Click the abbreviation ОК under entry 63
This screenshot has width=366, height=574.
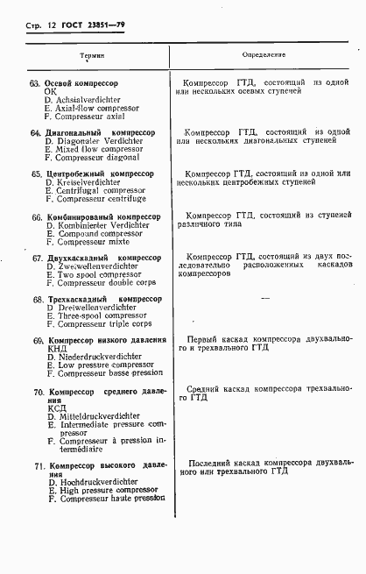(50, 91)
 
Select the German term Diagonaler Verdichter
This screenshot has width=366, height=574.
(87, 141)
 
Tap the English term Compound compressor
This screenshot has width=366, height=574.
(88, 233)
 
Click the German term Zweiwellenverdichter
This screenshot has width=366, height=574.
(86, 266)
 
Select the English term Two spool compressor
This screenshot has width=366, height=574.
(88, 275)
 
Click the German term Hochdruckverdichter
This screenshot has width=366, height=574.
(89, 483)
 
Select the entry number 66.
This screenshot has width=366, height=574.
(37, 216)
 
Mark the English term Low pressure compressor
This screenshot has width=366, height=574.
(94, 365)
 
